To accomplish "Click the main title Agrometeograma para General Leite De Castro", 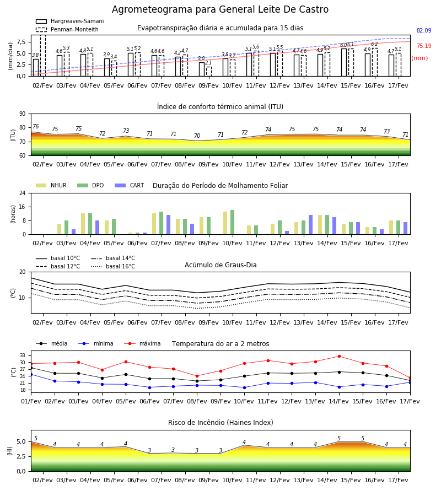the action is pyautogui.click(x=220, y=9).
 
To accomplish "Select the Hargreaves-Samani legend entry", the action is pyautogui.click(x=69, y=21).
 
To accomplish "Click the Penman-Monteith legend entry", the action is pyautogui.click(x=67, y=29).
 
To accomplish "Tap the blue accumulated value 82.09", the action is pyautogui.click(x=424, y=30).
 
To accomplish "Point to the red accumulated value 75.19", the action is pyautogui.click(x=424, y=46).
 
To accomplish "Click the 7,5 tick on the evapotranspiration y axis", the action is pyautogui.click(x=21, y=42).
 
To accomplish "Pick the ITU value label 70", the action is pyautogui.click(x=197, y=136).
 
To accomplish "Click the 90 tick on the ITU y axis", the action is pyautogui.click(x=23, y=114).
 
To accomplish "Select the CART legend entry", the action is pyautogui.click(x=130, y=185).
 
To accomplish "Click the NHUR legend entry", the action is pyautogui.click(x=51, y=185).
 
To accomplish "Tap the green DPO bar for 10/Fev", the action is pyautogui.click(x=233, y=222).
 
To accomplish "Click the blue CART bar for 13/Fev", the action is pyautogui.click(x=311, y=225).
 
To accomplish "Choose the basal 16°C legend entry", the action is pyautogui.click(x=113, y=266).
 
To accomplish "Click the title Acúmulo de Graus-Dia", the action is pyautogui.click(x=220, y=265).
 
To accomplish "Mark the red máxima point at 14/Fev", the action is pyautogui.click(x=339, y=356).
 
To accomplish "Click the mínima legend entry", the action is pyautogui.click(x=96, y=343).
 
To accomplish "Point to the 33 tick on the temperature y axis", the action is pyautogui.click(x=23, y=355).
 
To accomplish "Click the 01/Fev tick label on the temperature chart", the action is pyautogui.click(x=31, y=401).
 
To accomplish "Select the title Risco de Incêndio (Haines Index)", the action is pyautogui.click(x=220, y=423).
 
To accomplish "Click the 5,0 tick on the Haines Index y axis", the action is pyautogui.click(x=21, y=442).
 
